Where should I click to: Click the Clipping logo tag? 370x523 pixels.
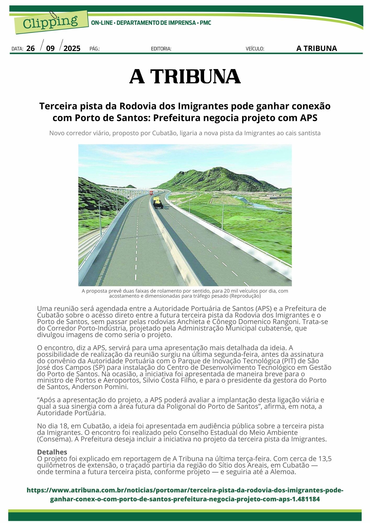[50, 22]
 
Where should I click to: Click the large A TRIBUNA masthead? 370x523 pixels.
[185, 76]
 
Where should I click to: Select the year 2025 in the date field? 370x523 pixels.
[72, 49]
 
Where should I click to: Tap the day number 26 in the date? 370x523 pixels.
[31, 49]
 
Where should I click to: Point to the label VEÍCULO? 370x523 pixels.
[255, 49]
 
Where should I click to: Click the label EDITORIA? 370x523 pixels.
[161, 49]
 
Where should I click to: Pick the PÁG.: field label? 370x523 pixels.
[94, 49]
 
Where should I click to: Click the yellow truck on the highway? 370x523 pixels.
[158, 203]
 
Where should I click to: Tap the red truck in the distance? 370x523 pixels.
[151, 193]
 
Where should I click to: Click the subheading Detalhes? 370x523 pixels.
[52, 452]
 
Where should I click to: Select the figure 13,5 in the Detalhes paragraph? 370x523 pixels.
[325, 458]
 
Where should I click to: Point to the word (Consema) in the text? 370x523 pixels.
[54, 439]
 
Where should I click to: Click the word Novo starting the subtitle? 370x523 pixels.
[57, 133]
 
